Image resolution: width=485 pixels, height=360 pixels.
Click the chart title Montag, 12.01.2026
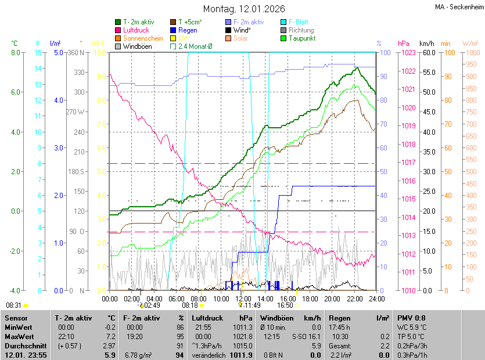244,9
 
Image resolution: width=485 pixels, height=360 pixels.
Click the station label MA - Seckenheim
458,8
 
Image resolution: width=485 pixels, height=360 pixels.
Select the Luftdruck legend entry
136,30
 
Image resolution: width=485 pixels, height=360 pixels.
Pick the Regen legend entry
188,30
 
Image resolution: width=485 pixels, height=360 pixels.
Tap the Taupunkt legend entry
302,38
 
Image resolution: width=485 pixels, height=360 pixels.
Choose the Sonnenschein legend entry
142,38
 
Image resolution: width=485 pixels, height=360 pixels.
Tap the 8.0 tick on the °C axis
15,53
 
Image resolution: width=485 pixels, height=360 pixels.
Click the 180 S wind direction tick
77,172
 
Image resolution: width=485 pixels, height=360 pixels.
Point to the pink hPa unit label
404,44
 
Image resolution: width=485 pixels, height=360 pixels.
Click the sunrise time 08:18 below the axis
190,305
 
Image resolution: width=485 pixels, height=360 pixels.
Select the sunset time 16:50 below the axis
285,305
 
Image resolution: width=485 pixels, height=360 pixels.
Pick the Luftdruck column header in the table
206,318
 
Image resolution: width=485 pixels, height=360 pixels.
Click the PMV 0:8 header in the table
412,318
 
